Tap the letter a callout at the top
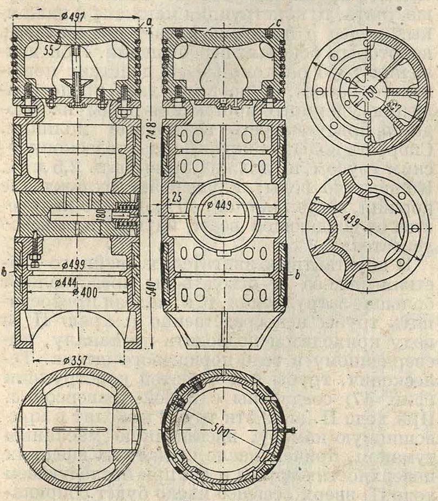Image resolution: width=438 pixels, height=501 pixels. coord(141,22)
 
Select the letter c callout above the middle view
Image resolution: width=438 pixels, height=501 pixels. coord(277,23)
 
